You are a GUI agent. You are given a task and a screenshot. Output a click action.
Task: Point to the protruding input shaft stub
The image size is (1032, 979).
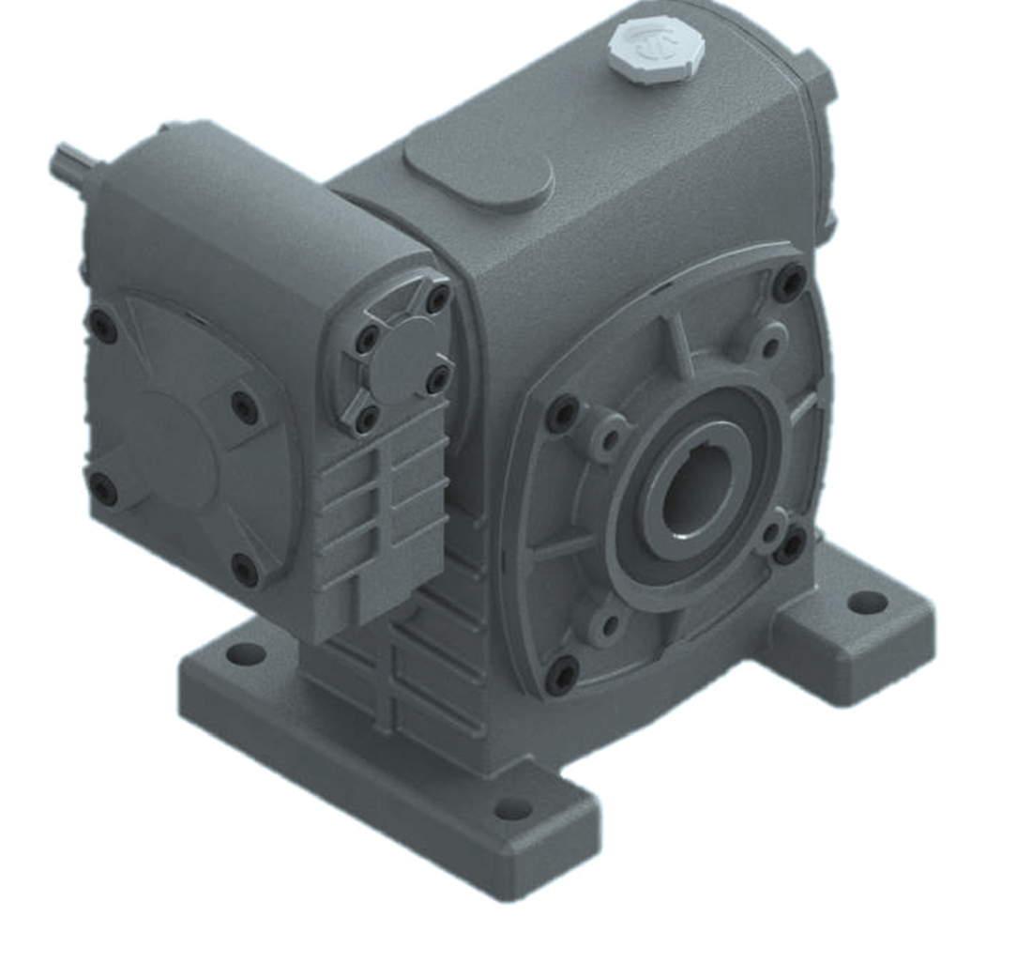click(71, 166)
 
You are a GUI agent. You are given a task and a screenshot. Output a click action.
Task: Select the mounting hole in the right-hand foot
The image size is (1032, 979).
click(867, 602)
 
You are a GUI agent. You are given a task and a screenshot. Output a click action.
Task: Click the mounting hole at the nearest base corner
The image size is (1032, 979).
click(512, 808)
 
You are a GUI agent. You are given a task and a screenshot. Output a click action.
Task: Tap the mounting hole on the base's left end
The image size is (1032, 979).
click(246, 653)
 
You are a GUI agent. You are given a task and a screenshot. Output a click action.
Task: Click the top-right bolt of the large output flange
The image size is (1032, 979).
click(789, 281)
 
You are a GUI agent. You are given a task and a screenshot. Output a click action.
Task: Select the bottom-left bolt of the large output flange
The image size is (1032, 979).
click(562, 675)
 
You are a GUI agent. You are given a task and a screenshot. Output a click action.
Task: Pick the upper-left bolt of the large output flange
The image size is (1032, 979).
click(563, 413)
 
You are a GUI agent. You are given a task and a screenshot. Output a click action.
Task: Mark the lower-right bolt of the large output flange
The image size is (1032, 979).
click(790, 544)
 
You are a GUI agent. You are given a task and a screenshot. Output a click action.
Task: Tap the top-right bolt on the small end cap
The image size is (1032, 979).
click(438, 299)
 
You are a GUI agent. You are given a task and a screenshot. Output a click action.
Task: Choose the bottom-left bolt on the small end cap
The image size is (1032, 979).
click(367, 419)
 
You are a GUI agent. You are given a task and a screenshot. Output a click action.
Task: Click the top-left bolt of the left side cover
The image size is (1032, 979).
click(101, 326)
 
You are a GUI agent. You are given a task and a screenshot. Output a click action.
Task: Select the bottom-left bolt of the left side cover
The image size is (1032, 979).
click(102, 488)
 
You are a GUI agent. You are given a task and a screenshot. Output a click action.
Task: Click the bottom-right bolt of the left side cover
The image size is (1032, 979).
click(245, 570)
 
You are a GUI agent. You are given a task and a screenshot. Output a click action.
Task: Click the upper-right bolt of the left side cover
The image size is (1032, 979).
click(245, 406)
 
